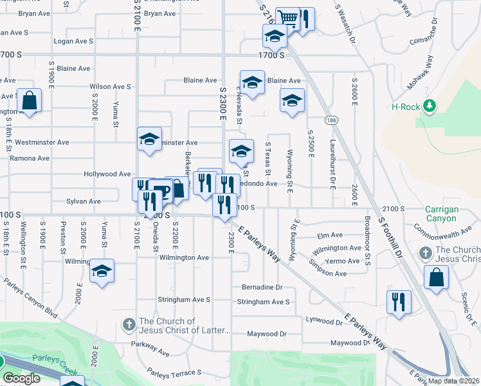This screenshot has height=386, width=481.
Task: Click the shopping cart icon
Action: (x=287, y=17)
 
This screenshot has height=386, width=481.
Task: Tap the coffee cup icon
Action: (x=161, y=191)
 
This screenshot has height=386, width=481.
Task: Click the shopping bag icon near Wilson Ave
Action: (x=29, y=100)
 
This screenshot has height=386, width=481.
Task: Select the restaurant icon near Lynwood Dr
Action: (x=398, y=301)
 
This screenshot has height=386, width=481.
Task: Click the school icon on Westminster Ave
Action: (x=149, y=139)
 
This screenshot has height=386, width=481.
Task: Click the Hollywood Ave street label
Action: (x=107, y=174)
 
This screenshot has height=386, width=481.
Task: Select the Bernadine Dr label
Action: (x=262, y=288)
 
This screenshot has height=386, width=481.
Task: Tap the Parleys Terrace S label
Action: (x=174, y=372)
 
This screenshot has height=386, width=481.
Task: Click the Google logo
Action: (x=21, y=378)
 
